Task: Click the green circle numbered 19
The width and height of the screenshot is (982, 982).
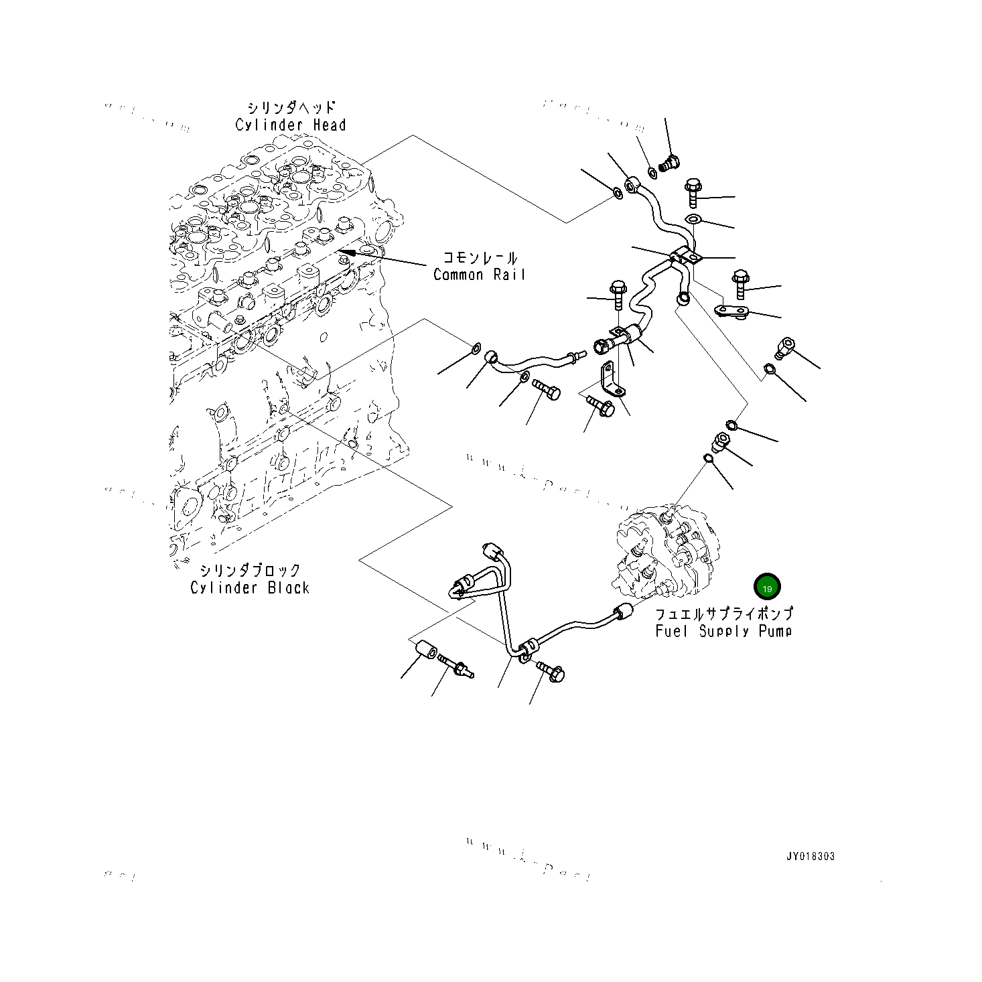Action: click(767, 587)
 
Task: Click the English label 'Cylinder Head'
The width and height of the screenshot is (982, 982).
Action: click(291, 125)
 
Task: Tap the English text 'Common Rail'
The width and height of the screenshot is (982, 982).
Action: click(479, 275)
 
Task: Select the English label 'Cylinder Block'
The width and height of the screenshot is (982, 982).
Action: click(250, 588)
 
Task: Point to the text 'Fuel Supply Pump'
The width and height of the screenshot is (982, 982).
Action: click(723, 631)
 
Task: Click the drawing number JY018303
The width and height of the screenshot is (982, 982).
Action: click(811, 857)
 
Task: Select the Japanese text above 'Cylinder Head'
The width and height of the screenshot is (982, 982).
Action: click(291, 109)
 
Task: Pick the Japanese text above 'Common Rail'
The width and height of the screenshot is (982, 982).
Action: click(480, 258)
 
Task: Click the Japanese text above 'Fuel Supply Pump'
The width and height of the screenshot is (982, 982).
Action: click(723, 614)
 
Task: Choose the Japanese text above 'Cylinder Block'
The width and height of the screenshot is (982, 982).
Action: click(250, 571)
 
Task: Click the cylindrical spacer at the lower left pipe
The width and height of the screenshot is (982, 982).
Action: click(425, 651)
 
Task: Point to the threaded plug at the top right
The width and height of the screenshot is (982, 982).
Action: click(669, 162)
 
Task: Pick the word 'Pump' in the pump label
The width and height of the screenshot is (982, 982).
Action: click(775, 631)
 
